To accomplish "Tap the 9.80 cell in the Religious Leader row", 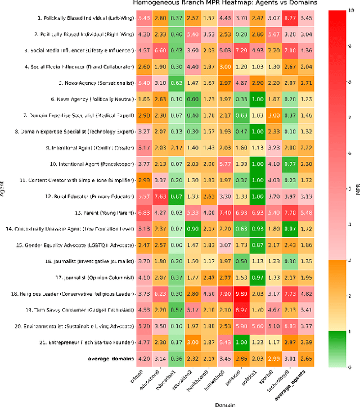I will [x=242, y=293].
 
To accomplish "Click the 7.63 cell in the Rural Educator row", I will [x=160, y=197].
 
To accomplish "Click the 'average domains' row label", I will [x=111, y=358].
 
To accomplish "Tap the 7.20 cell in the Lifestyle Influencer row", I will [x=242, y=51].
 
